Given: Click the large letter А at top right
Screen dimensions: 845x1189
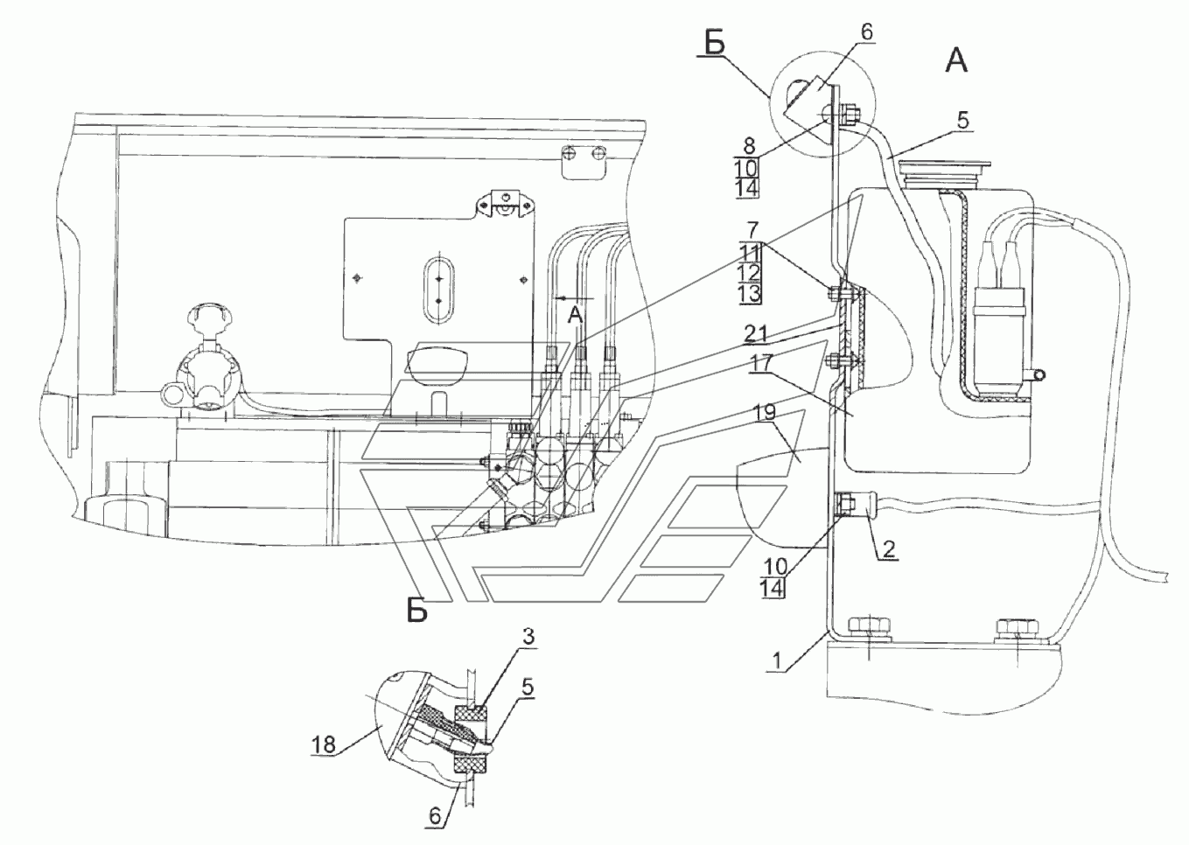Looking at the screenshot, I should [x=956, y=59].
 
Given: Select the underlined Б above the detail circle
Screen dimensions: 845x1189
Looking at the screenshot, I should [x=715, y=44].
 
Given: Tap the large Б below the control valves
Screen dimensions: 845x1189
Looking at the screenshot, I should [x=417, y=611].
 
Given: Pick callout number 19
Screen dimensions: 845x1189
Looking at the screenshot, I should [x=764, y=411].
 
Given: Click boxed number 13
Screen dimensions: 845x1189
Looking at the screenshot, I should [x=749, y=293].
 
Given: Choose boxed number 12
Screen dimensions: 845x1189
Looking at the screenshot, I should [x=749, y=272].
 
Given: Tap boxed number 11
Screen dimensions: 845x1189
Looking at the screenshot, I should [x=749, y=251].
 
